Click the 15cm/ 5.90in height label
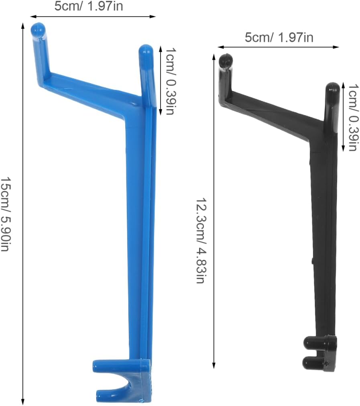[x=6, y=214]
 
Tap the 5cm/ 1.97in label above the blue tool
[x=89, y=6]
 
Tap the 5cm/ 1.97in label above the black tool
[x=279, y=37]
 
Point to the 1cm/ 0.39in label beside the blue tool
[x=171, y=81]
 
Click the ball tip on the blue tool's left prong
[x=38, y=30]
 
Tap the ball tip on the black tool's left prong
[x=226, y=60]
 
